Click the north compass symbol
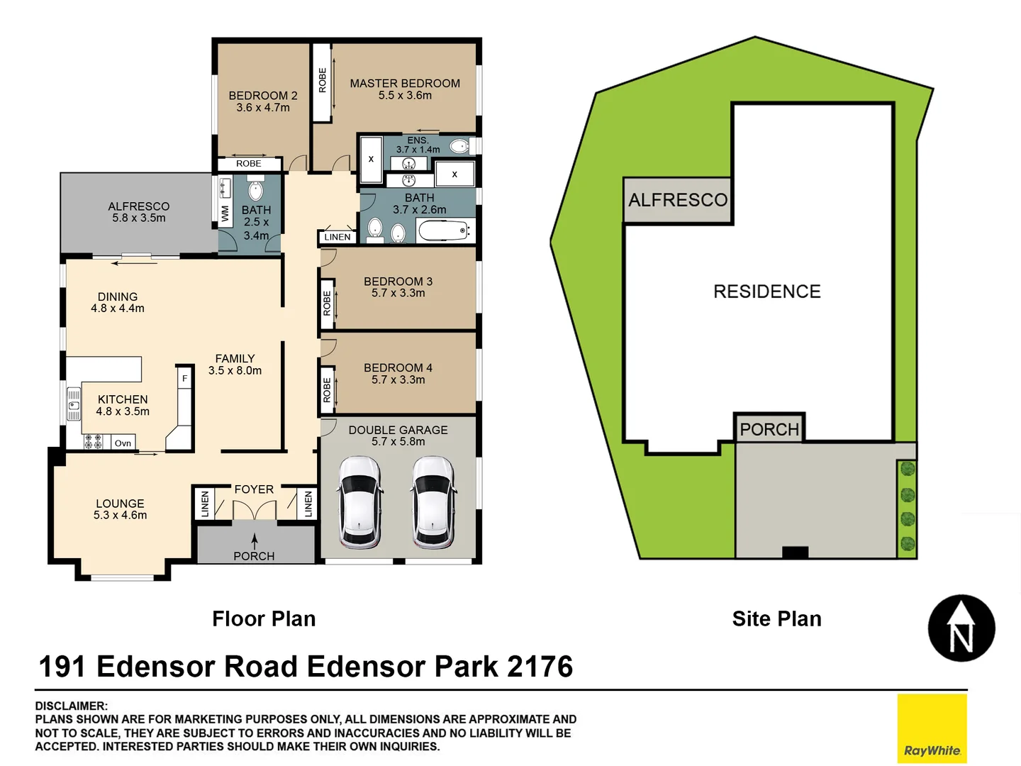point(961,628)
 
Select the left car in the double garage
point(360,502)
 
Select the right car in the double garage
point(433,502)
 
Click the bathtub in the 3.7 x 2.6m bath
point(444,231)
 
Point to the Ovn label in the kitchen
point(123,443)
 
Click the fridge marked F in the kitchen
point(185,379)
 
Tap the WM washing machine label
point(225,213)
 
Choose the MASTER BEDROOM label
point(405,84)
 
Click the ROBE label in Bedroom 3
point(327,304)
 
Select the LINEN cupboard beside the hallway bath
point(337,237)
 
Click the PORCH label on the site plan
point(769,429)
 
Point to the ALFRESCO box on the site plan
point(678,201)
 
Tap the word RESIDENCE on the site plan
point(766,292)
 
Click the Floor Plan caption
point(264,619)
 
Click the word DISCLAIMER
point(71,706)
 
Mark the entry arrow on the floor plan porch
point(255,541)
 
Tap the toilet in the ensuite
point(459,147)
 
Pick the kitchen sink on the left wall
point(74,405)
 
